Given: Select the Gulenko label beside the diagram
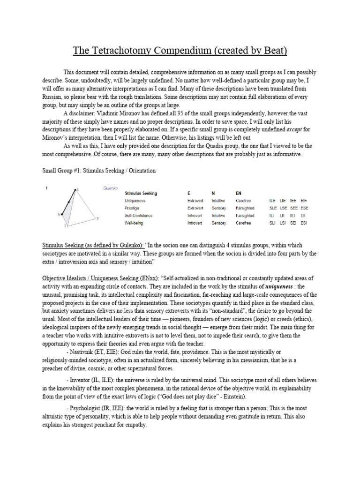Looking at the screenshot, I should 109,187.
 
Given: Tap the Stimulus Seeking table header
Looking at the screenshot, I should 141,193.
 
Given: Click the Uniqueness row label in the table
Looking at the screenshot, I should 135,201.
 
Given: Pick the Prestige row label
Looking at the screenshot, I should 132,208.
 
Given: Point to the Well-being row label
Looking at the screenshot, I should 135,223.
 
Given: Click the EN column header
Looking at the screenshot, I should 239,193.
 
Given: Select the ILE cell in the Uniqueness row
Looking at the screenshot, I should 272,201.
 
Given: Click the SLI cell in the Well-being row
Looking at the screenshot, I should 272,223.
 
